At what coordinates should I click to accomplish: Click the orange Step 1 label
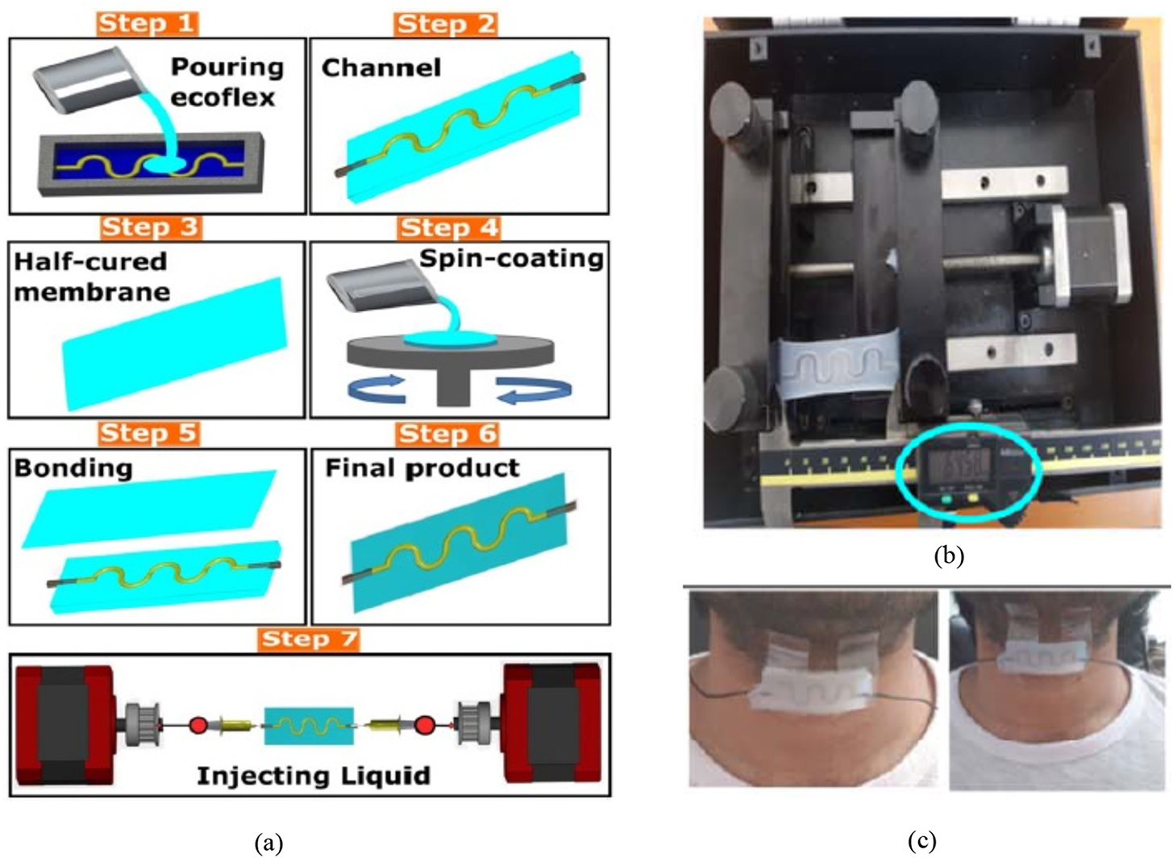(148, 23)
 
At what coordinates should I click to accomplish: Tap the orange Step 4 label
(448, 228)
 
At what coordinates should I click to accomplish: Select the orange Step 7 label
(309, 639)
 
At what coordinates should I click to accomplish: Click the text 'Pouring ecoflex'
(226, 81)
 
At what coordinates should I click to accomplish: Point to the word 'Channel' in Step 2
(381, 68)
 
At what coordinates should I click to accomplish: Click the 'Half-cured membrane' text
(91, 277)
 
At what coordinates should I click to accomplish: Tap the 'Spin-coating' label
(511, 259)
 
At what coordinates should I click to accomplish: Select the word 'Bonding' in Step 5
(73, 469)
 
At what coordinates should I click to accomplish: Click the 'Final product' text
(422, 469)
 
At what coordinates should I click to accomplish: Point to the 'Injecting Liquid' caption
(313, 776)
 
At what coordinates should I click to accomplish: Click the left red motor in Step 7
(64, 724)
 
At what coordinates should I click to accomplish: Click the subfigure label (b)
(948, 556)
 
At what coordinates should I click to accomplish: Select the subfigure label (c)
(921, 841)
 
